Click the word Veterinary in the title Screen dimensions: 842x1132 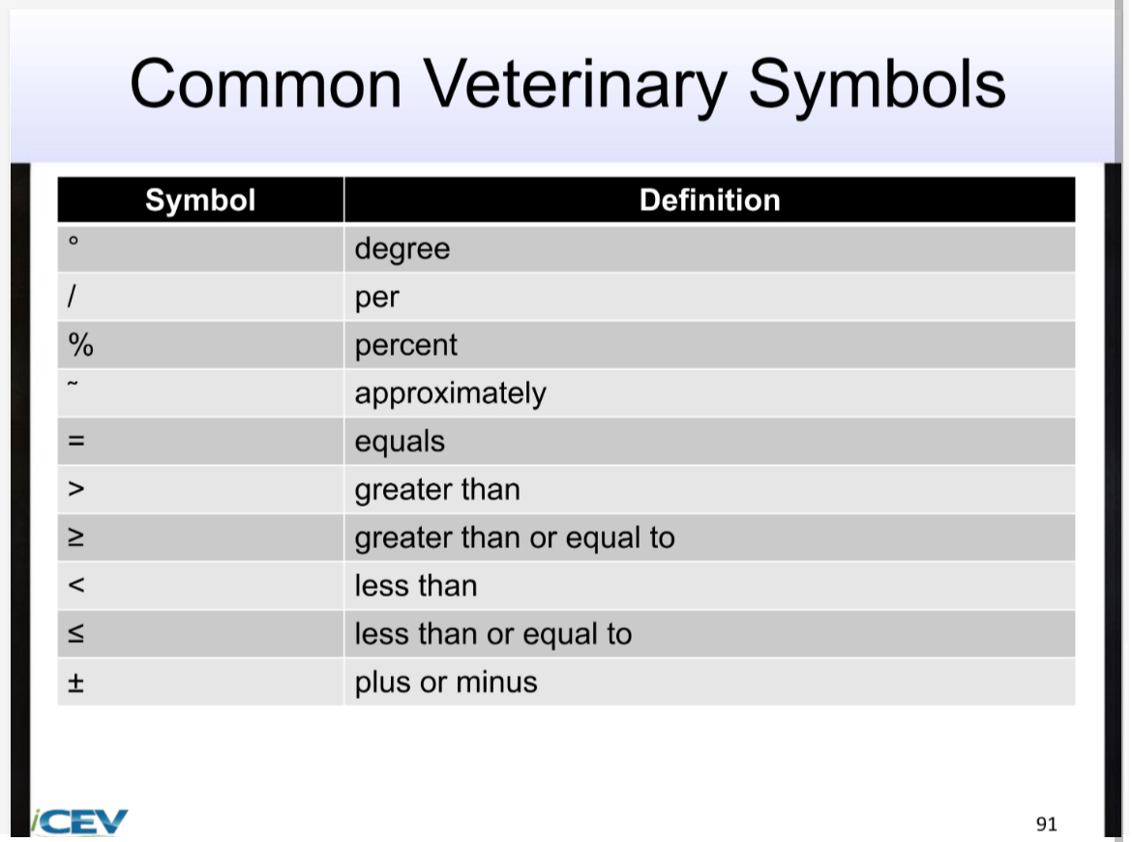click(577, 84)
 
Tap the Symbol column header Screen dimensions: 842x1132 click(200, 200)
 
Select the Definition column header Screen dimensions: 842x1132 click(709, 200)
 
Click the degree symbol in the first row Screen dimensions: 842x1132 click(73, 242)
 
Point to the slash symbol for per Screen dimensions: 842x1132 click(72, 297)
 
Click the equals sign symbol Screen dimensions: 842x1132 click(76, 442)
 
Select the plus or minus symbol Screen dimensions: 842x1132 click(75, 682)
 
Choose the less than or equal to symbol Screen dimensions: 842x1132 click(75, 634)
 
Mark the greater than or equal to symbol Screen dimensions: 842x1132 click(75, 538)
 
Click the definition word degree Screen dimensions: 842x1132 click(402, 249)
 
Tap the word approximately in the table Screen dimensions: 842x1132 click(450, 394)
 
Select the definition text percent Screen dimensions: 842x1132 click(406, 345)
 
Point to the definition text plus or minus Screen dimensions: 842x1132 click(446, 682)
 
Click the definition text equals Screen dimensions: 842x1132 click(400, 442)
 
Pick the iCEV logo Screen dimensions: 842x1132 click(79, 822)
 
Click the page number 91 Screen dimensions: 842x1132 click(1046, 824)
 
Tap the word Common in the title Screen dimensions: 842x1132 click(266, 84)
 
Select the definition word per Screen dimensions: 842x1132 click(377, 298)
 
